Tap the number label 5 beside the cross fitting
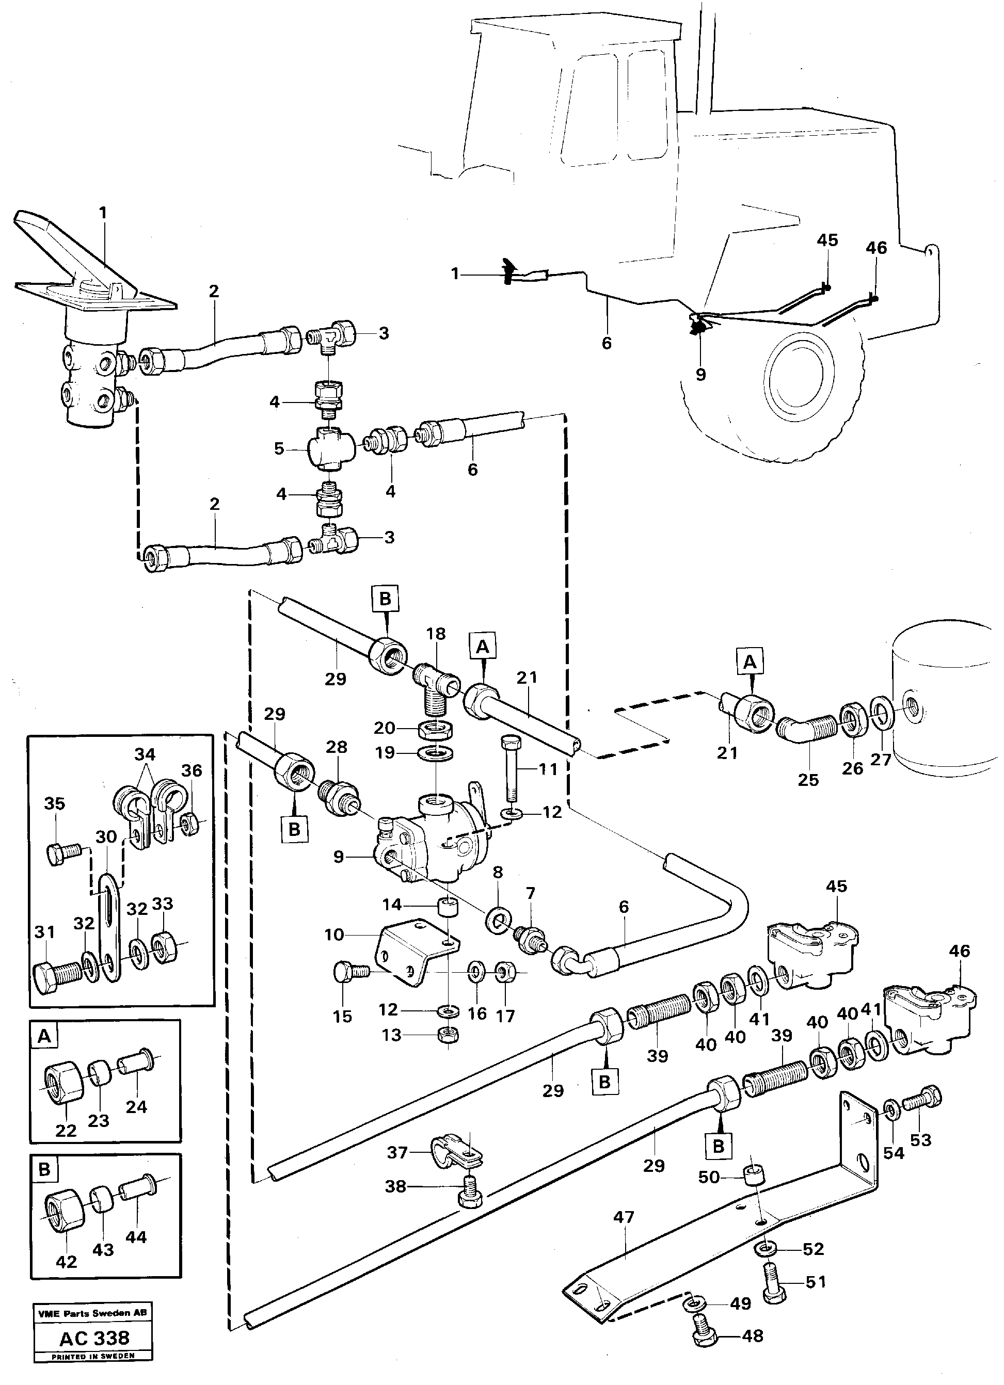pos(279,449)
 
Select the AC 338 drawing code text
pos(94,1338)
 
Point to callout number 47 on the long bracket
pos(624,1217)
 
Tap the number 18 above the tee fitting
pos(436,633)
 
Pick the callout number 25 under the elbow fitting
pos(808,780)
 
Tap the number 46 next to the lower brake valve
pos(960,951)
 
